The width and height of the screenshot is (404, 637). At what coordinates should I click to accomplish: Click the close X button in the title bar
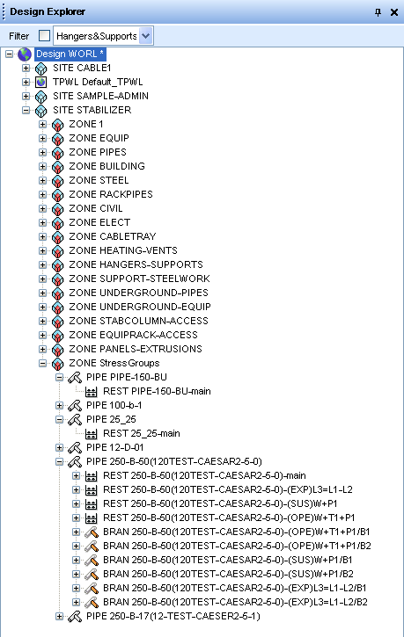393,12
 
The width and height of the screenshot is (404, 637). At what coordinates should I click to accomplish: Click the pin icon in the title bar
378,12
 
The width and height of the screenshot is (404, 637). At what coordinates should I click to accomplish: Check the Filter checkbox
44,36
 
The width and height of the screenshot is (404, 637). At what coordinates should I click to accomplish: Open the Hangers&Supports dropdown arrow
145,36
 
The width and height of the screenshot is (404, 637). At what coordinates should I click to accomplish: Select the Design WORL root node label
70,54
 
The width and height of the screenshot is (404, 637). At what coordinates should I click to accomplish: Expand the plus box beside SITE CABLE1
26,68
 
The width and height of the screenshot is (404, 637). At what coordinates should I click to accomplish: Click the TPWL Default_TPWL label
98,82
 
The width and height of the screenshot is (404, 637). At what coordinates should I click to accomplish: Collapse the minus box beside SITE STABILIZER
26,110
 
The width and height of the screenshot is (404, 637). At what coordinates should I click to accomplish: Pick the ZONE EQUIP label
99,138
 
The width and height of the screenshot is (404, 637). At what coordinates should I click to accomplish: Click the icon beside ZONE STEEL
58,181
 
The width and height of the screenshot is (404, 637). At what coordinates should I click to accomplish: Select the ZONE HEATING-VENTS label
123,250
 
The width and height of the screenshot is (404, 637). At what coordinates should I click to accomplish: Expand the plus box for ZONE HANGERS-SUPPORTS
43,264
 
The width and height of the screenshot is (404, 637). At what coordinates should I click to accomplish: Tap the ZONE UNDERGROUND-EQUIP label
140,307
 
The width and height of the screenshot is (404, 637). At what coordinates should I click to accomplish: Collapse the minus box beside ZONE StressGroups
43,363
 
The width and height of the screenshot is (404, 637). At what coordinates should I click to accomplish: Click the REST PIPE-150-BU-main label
157,391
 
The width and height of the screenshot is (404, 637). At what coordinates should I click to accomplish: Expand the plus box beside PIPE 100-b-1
59,405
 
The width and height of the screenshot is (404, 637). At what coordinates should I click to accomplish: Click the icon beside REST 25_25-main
92,434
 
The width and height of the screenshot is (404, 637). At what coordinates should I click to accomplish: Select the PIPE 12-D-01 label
115,448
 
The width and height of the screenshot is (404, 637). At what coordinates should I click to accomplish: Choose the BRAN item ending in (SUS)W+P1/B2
228,574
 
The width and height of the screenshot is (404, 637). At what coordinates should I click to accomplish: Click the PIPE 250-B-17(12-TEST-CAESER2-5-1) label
173,616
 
